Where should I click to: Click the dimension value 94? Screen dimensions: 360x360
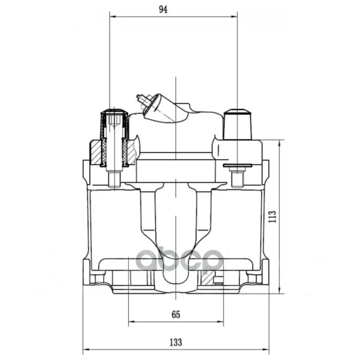(163, 10)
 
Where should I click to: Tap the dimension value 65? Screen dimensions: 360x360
(176, 314)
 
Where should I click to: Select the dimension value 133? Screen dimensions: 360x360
(176, 343)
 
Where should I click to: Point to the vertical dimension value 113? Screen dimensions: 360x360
(272, 217)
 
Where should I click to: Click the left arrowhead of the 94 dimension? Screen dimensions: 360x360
(112, 16)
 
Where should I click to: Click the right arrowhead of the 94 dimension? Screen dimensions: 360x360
(235, 16)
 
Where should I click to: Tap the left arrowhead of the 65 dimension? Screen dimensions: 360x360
(131, 322)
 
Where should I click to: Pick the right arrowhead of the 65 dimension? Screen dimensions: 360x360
(220, 322)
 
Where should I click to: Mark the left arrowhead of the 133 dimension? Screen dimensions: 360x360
(85, 350)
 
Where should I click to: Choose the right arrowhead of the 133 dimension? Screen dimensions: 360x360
(266, 350)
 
